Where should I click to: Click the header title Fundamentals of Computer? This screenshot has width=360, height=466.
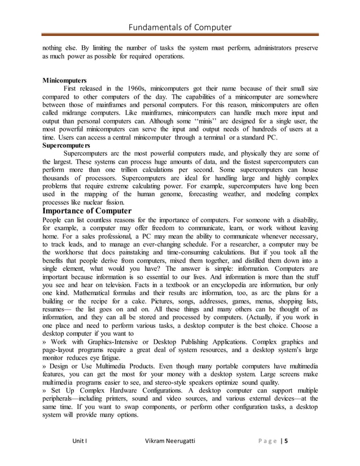(180, 27)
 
